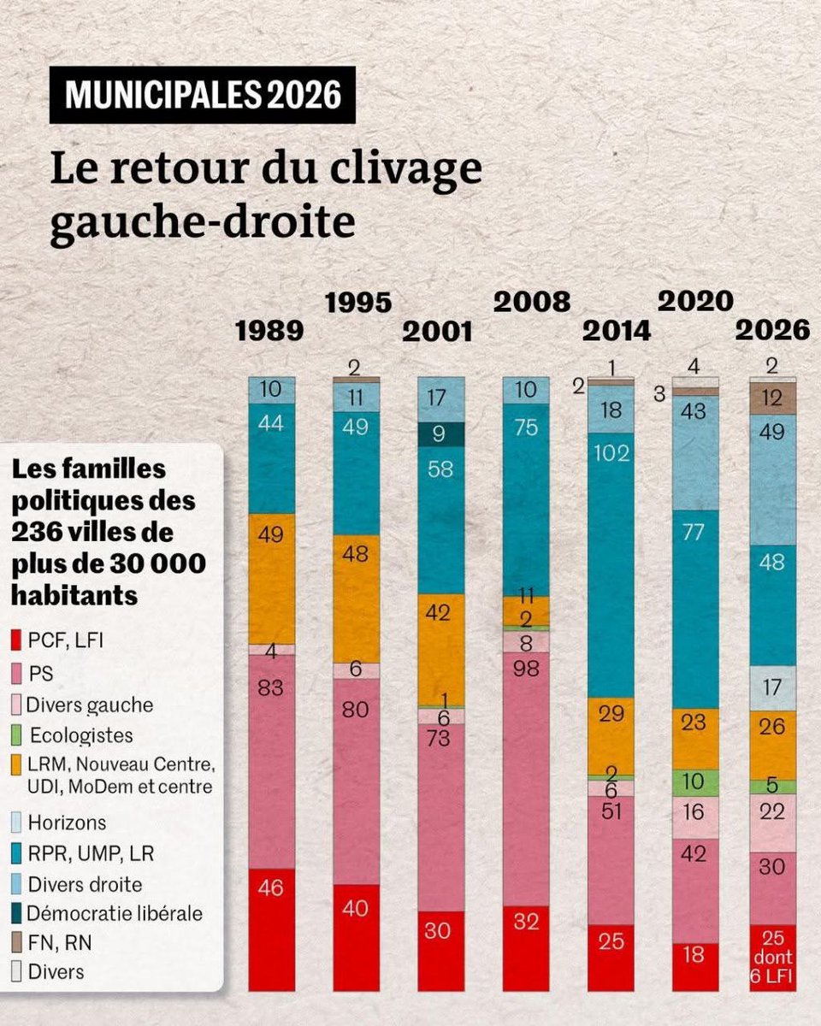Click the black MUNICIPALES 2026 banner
[203, 95]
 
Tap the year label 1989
[269, 331]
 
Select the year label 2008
[532, 301]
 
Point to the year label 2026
[773, 330]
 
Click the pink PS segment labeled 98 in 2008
[525, 778]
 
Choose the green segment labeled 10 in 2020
[695, 781]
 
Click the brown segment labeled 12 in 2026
[772, 398]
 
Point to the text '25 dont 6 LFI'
[772, 958]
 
